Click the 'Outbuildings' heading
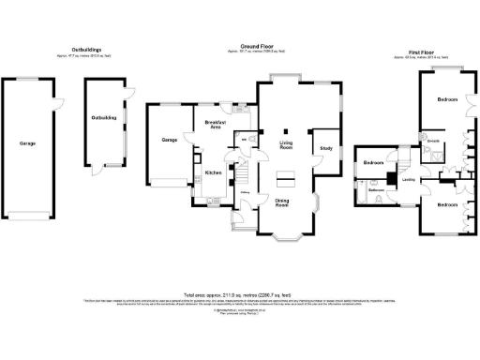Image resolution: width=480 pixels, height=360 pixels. [86, 50]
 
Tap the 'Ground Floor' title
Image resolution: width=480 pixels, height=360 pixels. [255, 45]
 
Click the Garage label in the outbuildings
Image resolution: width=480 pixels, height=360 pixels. [28, 144]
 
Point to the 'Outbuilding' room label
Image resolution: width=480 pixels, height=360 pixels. [103, 118]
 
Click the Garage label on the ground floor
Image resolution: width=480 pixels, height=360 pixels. [170, 140]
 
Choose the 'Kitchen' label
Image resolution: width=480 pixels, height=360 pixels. [213, 172]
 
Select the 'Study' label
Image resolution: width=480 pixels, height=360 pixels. [326, 148]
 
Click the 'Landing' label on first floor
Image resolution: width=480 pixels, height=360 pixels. [409, 179]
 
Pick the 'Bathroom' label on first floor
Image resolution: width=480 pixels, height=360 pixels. [377, 191]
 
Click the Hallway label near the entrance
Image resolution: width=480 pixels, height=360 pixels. [245, 194]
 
